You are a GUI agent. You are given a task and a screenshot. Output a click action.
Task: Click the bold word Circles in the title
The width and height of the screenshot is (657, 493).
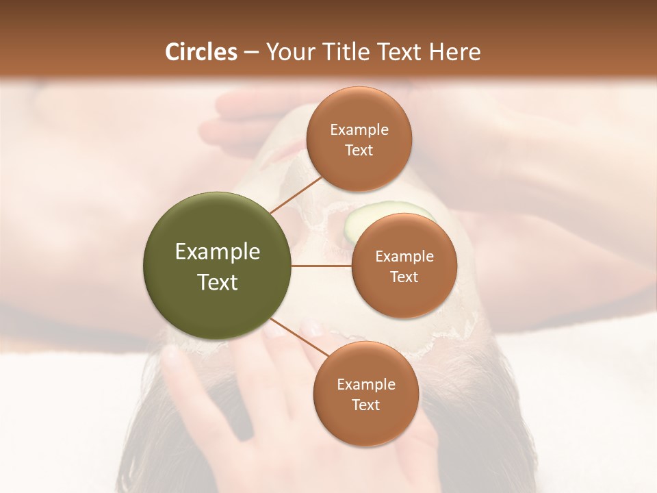point(201,52)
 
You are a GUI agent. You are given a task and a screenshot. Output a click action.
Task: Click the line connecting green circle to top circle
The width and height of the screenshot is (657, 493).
point(296,193)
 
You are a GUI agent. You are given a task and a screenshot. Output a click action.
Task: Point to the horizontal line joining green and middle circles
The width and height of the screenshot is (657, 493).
point(321,266)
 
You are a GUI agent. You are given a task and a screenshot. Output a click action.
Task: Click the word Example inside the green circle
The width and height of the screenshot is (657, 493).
point(217,252)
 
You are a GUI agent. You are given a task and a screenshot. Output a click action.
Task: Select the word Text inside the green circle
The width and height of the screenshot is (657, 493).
point(217,282)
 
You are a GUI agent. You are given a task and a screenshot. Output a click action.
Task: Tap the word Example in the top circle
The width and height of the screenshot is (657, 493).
point(359,129)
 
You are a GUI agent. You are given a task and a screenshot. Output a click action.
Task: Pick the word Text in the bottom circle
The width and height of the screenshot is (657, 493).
point(365,405)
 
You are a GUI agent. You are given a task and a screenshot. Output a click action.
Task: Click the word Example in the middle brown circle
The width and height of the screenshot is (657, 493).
point(404,256)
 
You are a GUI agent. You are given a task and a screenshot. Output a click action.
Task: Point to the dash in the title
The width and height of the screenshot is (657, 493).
point(250,53)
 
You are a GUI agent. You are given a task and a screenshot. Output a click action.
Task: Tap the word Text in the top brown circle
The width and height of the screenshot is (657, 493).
point(359,150)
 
